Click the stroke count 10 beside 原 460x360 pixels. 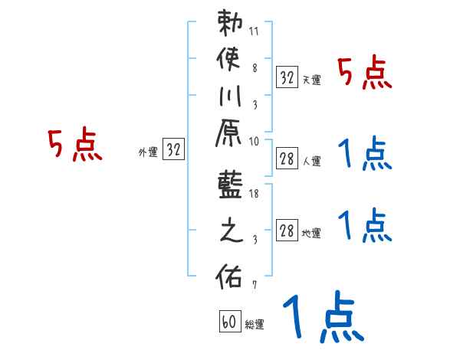[x=254, y=141]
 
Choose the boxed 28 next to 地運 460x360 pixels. [x=287, y=231]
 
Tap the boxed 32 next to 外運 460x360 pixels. [x=174, y=150]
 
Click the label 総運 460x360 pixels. [x=255, y=325]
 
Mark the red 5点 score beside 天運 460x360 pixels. [x=365, y=74]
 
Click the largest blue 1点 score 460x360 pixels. [x=323, y=318]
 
